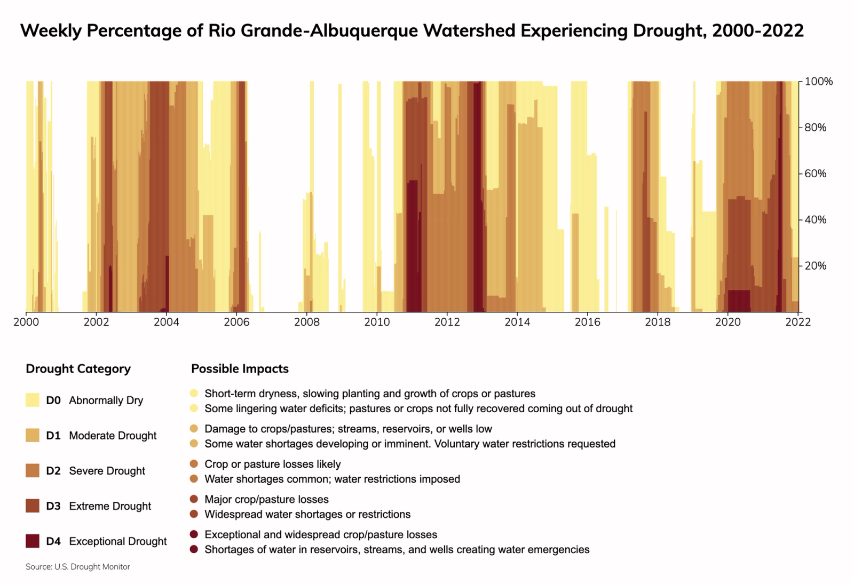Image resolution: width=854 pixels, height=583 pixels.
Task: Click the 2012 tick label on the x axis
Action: pyautogui.click(x=447, y=322)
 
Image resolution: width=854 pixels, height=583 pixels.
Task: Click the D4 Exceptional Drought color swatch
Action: pyautogui.click(x=33, y=541)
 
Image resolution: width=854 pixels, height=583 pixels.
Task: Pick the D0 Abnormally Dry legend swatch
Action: pyautogui.click(x=33, y=400)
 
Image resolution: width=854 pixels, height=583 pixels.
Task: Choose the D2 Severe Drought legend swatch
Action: pyautogui.click(x=33, y=470)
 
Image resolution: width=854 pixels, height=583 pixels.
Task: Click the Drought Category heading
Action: pyautogui.click(x=78, y=369)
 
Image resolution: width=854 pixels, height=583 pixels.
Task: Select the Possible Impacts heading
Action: pyautogui.click(x=240, y=369)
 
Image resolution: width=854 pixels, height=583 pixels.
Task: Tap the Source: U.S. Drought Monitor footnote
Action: pyautogui.click(x=78, y=567)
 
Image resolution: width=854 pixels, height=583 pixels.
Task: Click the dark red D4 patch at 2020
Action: pyautogui.click(x=739, y=301)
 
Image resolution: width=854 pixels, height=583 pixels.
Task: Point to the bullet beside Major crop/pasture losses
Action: pyautogui.click(x=194, y=499)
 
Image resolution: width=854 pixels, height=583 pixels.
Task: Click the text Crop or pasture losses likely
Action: pyautogui.click(x=272, y=464)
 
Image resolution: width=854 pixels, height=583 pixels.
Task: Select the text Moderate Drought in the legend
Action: pyautogui.click(x=113, y=436)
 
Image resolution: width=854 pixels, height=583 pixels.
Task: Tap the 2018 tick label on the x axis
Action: pyautogui.click(x=658, y=322)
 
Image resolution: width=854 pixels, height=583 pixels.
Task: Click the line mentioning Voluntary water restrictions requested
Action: pyautogui.click(x=409, y=444)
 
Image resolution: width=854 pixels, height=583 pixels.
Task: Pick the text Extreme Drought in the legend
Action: pyautogui.click(x=110, y=506)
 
